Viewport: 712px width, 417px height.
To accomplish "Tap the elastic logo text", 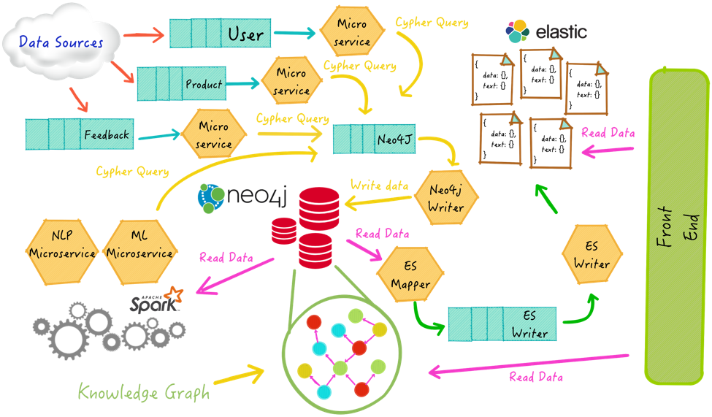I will [x=560, y=32].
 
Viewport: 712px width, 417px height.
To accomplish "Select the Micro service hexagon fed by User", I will [x=352, y=33].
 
